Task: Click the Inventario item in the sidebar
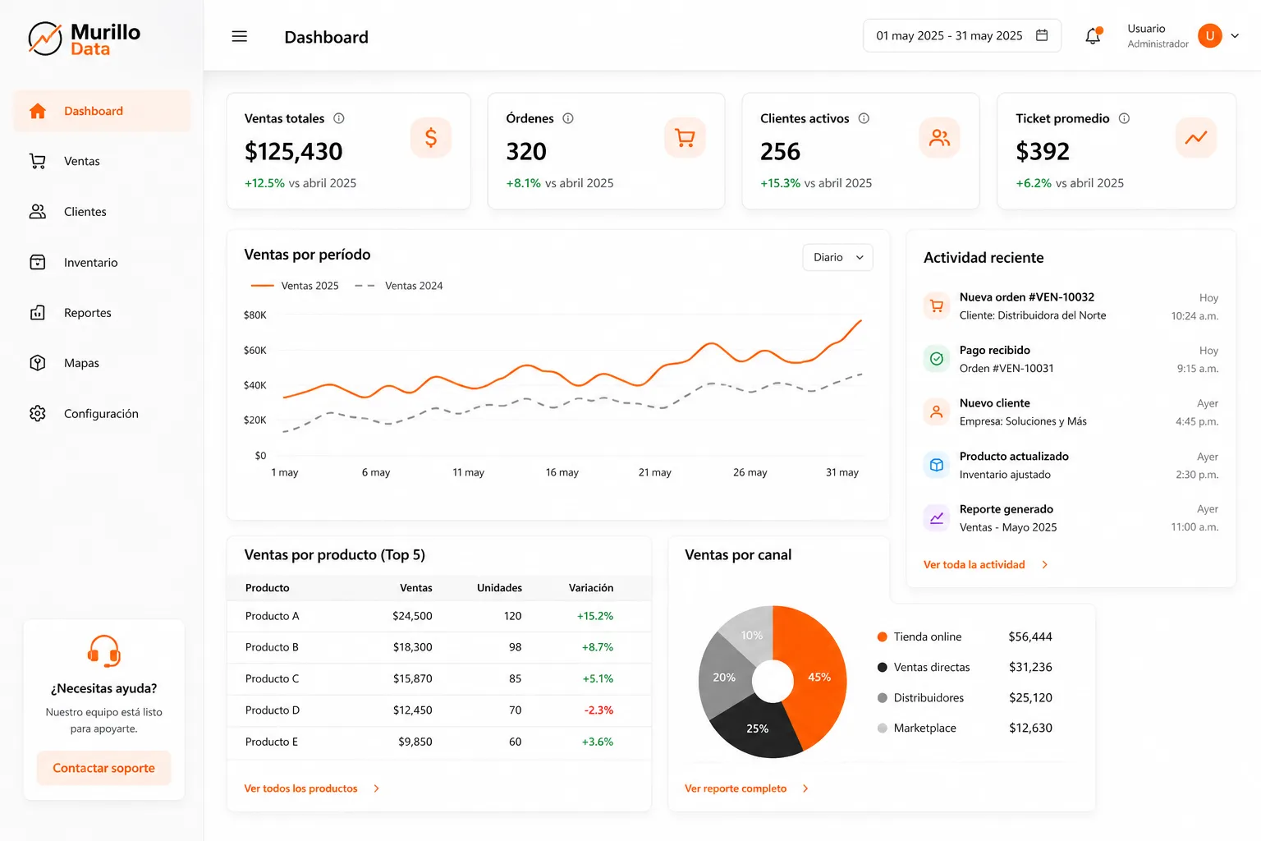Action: pos(90,263)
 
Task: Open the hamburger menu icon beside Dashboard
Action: pos(239,37)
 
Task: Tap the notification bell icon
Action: pos(1093,36)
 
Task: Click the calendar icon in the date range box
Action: pos(1042,35)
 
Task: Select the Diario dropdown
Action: pos(837,257)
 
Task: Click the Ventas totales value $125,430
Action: pos(293,151)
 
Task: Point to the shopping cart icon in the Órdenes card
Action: pos(685,137)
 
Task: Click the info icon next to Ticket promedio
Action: pos(1124,118)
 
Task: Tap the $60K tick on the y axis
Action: pos(255,351)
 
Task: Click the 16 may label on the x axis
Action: pos(562,472)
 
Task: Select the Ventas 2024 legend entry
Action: pos(398,286)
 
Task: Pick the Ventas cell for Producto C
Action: pos(413,678)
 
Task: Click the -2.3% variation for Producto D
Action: pos(598,710)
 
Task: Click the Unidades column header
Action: pos(499,587)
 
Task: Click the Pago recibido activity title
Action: pos(995,350)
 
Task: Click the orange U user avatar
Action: pos(1210,36)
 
